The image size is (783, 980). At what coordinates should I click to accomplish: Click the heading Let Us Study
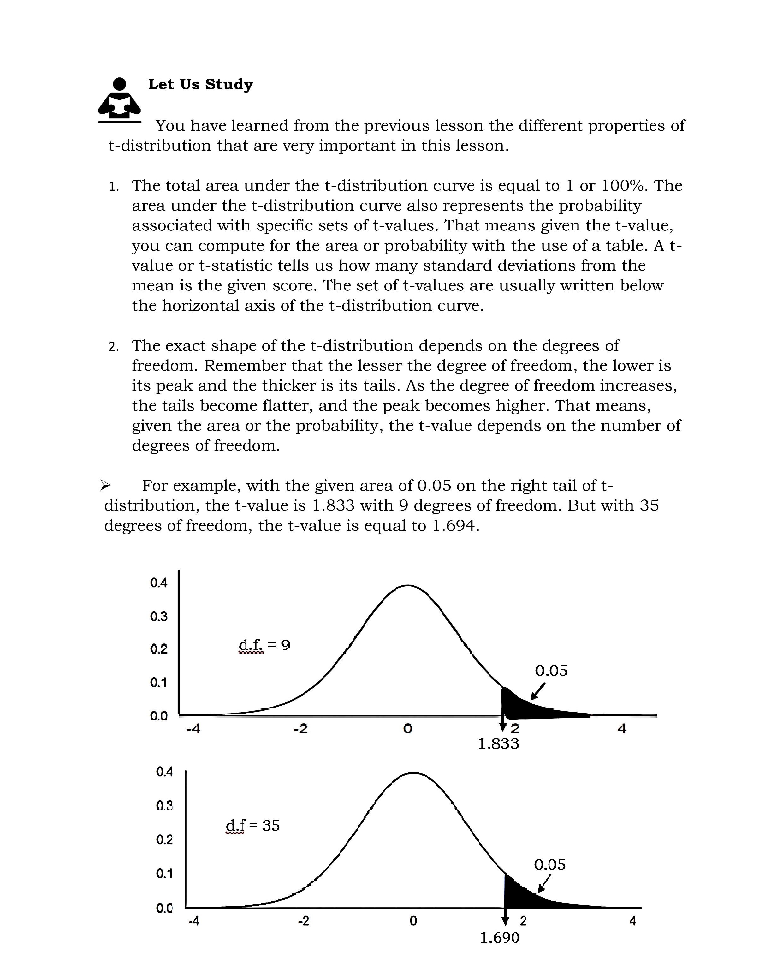[200, 85]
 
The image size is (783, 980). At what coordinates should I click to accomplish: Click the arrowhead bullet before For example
[105, 486]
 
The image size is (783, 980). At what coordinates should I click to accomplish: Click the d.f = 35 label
[253, 825]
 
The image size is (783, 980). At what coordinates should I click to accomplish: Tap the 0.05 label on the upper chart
[551, 671]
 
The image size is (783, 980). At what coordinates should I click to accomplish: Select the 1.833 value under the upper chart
[498, 744]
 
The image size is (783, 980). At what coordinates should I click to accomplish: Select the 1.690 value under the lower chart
[499, 938]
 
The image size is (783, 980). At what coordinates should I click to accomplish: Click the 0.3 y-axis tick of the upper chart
[159, 616]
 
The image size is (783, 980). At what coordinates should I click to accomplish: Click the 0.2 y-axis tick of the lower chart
[164, 839]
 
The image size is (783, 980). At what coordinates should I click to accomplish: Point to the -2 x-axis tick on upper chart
[300, 729]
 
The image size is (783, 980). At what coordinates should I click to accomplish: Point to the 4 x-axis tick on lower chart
[632, 921]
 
